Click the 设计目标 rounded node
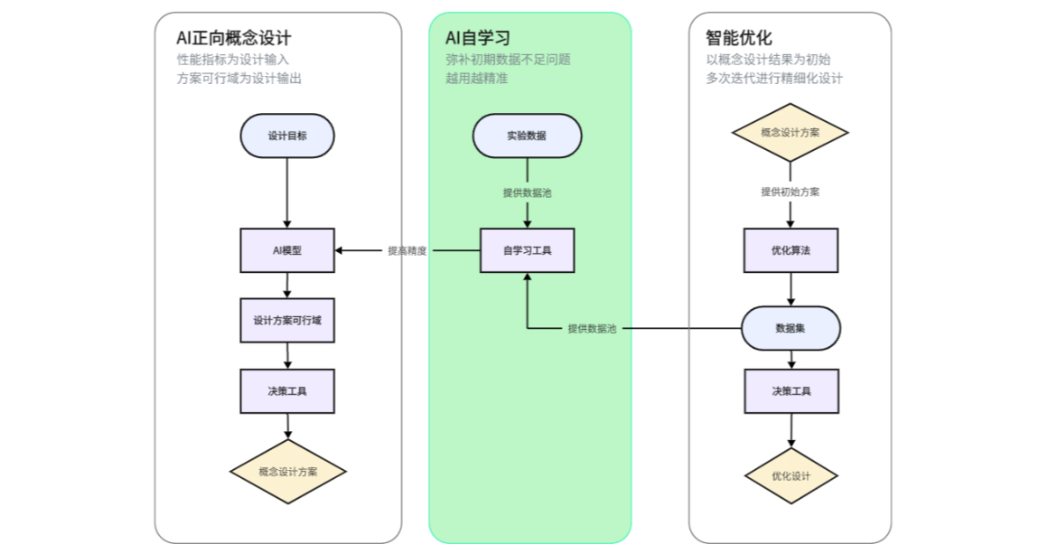point(287,136)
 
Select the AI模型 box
point(287,250)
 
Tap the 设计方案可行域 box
point(287,321)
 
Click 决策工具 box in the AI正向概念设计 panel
point(287,391)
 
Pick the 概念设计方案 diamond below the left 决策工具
point(287,472)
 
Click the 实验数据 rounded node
point(527,136)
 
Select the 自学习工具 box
point(527,250)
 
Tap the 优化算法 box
point(791,250)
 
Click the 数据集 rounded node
point(791,328)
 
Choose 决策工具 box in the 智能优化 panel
point(791,391)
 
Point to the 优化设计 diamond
point(791,477)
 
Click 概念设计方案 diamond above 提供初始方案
point(790,132)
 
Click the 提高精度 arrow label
point(407,250)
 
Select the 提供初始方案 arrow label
point(791,192)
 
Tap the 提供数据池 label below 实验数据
point(527,192)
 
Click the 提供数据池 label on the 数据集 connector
point(592,328)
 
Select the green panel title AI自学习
point(477,38)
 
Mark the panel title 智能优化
point(738,38)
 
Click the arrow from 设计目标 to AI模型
point(287,192)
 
